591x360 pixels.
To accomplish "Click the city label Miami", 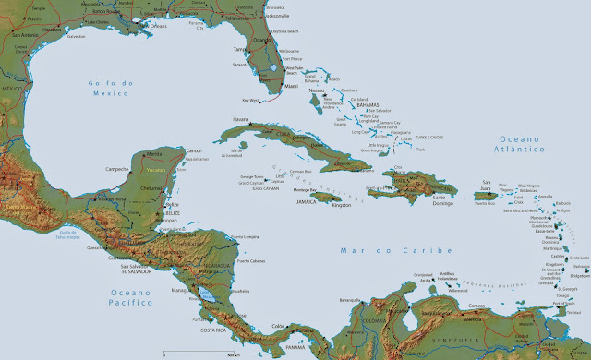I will [293, 86].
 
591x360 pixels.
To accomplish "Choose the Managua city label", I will [181, 290].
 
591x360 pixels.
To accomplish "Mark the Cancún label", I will [194, 150].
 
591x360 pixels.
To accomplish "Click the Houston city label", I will [51, 29].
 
